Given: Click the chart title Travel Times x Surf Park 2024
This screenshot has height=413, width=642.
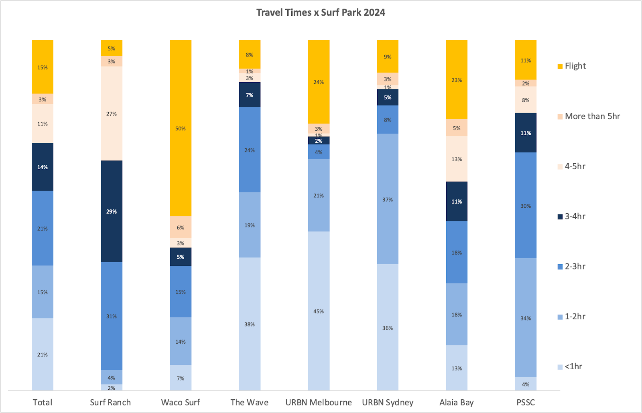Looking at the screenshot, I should click(x=321, y=12).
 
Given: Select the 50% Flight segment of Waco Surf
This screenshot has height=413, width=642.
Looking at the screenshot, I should click(x=181, y=128).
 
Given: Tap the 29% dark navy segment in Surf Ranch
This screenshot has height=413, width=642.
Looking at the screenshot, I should click(x=112, y=211).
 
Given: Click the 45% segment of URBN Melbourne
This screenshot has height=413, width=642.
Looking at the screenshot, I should click(x=319, y=311).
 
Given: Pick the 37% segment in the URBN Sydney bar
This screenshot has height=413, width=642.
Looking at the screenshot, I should click(x=388, y=199).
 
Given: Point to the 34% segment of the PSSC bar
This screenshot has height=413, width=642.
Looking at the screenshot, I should click(x=526, y=318).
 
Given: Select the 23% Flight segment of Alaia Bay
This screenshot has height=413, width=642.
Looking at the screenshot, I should click(x=457, y=80).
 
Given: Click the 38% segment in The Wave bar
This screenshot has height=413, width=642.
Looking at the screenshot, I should click(x=250, y=324).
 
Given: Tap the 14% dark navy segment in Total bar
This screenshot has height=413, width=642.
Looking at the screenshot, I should click(x=43, y=167).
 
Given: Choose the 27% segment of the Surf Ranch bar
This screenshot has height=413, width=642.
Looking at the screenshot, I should click(x=112, y=114).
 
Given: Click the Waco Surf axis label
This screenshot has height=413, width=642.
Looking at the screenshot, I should click(x=181, y=403).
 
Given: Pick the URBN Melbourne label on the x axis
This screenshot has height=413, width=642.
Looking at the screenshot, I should click(x=319, y=403).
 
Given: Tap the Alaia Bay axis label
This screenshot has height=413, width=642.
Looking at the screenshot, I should click(x=457, y=403).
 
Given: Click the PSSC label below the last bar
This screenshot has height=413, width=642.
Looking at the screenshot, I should click(x=526, y=403).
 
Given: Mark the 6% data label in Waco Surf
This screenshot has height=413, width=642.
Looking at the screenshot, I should click(x=181, y=228).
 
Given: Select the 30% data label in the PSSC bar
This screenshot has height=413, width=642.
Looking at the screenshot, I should click(x=526, y=206).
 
